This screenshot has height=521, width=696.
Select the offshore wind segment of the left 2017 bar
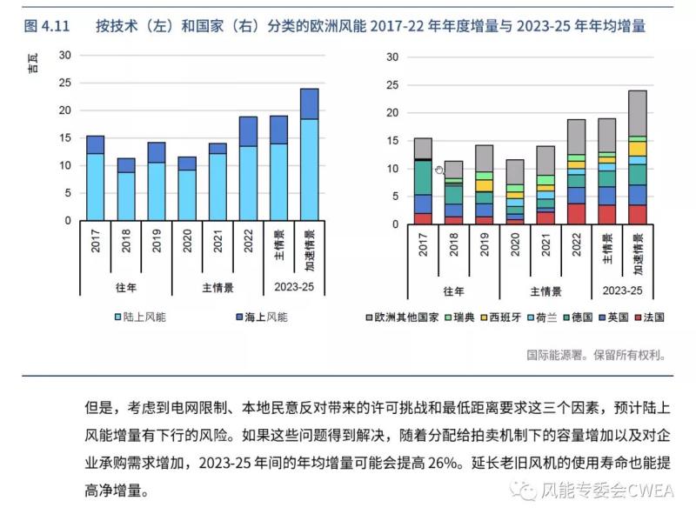pyautogui.click(x=96, y=144)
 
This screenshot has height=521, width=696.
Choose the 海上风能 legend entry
pyautogui.click(x=258, y=317)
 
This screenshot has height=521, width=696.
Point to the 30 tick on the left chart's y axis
pyautogui.click(x=65, y=55)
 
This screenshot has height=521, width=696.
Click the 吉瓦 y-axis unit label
pyautogui.click(x=32, y=63)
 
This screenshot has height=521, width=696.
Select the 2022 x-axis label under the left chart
pyautogui.click(x=249, y=242)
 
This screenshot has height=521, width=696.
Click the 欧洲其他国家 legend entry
pyautogui.click(x=405, y=317)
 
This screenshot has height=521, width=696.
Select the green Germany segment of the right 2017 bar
pyautogui.click(x=423, y=177)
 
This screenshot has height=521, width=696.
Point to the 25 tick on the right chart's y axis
pyautogui.click(x=391, y=85)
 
